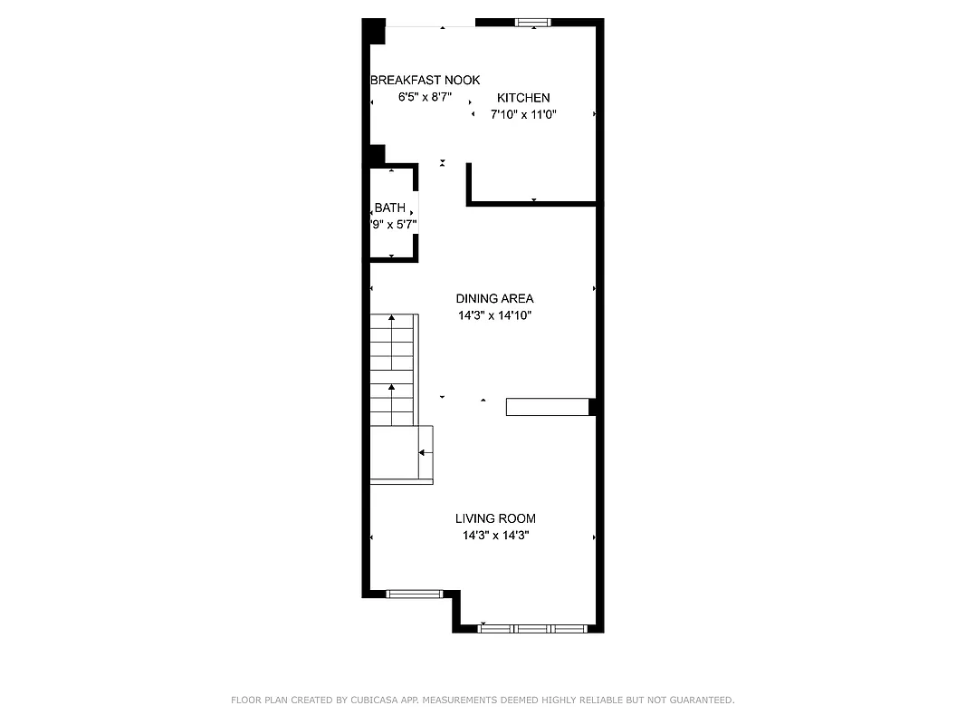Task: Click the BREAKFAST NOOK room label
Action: coord(425,80)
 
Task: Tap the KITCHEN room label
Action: coord(522,98)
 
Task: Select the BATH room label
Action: coord(390,208)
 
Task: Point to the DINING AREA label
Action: coord(494,298)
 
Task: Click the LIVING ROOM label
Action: coord(495,518)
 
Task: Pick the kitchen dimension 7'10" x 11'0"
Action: coord(522,115)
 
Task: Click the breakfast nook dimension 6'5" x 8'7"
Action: coord(425,97)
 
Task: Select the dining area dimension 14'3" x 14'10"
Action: coord(494,316)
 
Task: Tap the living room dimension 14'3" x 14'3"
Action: coord(495,536)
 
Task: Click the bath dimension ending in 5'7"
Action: coord(394,225)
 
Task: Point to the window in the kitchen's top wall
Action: coord(533,23)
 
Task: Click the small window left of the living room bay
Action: coord(414,594)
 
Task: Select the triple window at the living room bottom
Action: coord(531,627)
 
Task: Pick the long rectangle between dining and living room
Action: coord(547,407)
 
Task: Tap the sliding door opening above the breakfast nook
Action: coord(431,26)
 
